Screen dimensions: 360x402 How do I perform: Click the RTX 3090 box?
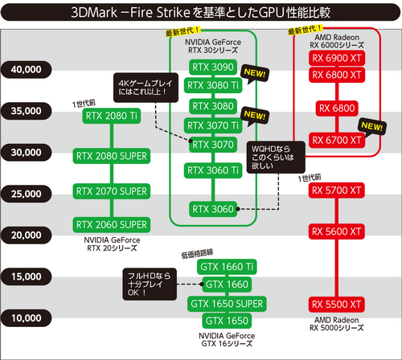(212, 67)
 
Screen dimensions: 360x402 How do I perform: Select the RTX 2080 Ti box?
(112, 115)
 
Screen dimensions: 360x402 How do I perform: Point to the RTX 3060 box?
(212, 209)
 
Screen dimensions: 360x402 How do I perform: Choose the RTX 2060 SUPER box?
(112, 224)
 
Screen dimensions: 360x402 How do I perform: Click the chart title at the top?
(201, 13)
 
